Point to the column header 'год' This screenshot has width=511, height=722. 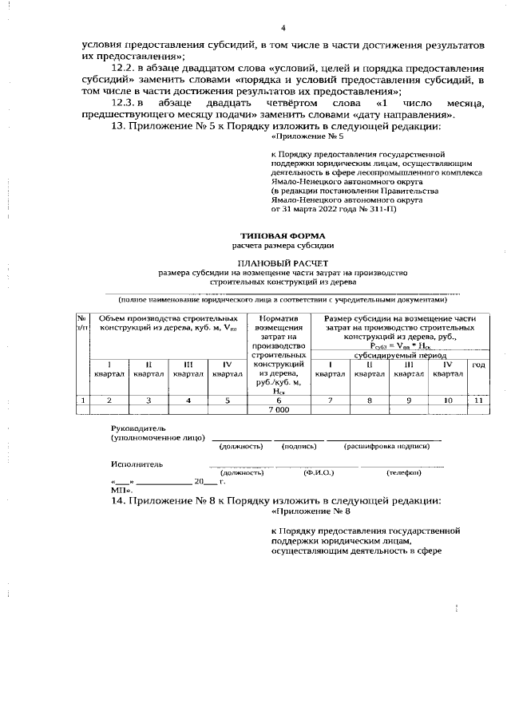pyautogui.click(x=478, y=365)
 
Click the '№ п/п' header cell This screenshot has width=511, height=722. pyautogui.click(x=82, y=322)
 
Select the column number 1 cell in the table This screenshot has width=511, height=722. pyautogui.click(x=82, y=400)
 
